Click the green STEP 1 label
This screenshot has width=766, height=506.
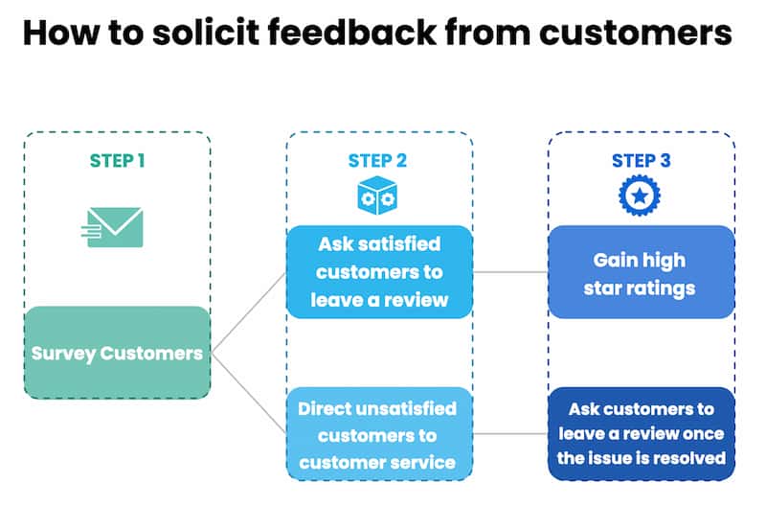tap(118, 160)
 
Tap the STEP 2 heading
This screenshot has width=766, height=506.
tap(377, 160)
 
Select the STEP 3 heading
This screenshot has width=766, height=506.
tap(641, 160)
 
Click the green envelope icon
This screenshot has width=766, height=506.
tap(115, 227)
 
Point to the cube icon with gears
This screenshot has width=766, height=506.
tap(377, 195)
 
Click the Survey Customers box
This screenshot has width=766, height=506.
tap(117, 353)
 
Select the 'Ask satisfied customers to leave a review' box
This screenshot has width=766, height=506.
tap(379, 271)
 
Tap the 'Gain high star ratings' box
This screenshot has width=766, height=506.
tap(641, 271)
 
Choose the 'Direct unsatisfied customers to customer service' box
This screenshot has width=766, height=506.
tap(379, 435)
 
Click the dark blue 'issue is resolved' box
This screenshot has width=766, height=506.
tap(641, 434)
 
